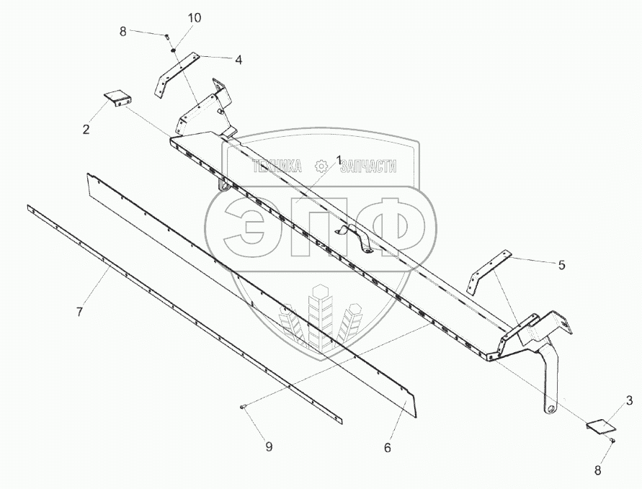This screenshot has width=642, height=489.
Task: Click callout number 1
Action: [339, 160]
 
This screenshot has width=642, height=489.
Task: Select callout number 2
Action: [86, 130]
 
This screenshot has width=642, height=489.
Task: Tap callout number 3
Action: [628, 400]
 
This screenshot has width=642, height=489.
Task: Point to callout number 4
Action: [238, 60]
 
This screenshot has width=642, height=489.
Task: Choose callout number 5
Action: [561, 264]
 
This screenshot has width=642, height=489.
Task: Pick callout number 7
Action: [80, 312]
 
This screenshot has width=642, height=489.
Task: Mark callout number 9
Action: [269, 447]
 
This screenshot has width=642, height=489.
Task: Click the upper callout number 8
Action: [122, 31]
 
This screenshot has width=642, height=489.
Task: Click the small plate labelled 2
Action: [116, 98]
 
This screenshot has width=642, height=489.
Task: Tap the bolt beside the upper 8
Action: [166, 36]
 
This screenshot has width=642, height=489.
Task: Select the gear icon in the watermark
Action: [321, 166]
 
